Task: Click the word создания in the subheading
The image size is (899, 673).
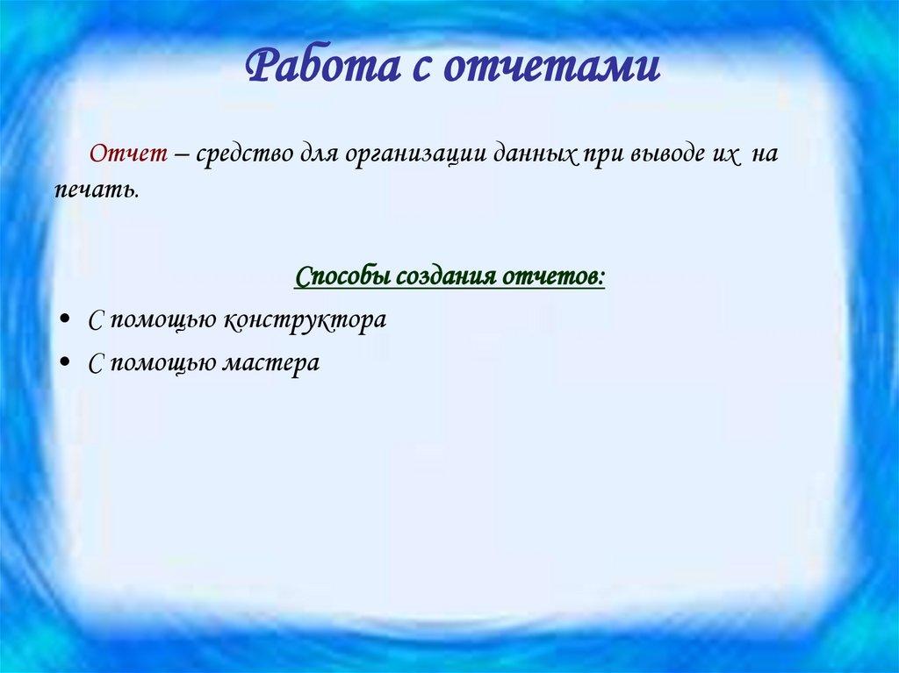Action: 447,277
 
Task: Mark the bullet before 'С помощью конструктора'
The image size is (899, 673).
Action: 68,320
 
